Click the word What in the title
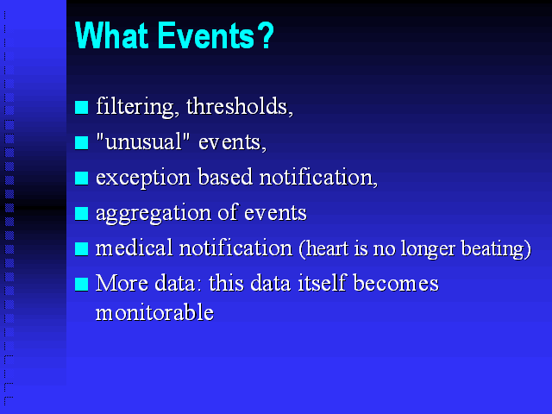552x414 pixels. (111, 35)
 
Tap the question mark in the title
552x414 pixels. (267, 34)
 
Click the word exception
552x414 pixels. (143, 178)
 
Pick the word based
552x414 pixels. (225, 176)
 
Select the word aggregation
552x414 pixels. (154, 214)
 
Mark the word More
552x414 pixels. (122, 283)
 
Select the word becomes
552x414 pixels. (396, 283)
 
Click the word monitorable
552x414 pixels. (154, 312)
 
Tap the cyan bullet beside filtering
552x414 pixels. (81, 107)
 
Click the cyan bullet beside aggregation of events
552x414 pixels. (81, 213)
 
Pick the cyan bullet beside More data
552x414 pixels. (81, 285)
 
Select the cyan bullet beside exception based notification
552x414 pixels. (81, 179)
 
